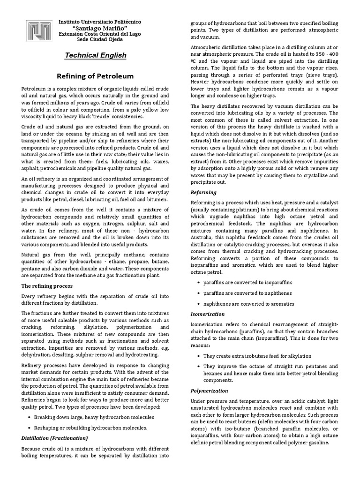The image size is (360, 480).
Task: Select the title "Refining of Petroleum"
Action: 95,76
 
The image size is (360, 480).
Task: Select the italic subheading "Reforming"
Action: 203,192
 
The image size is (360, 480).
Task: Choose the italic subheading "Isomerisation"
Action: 208,314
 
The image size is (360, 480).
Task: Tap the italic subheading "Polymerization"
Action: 210,390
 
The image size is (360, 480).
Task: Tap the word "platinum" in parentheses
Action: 247,210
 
